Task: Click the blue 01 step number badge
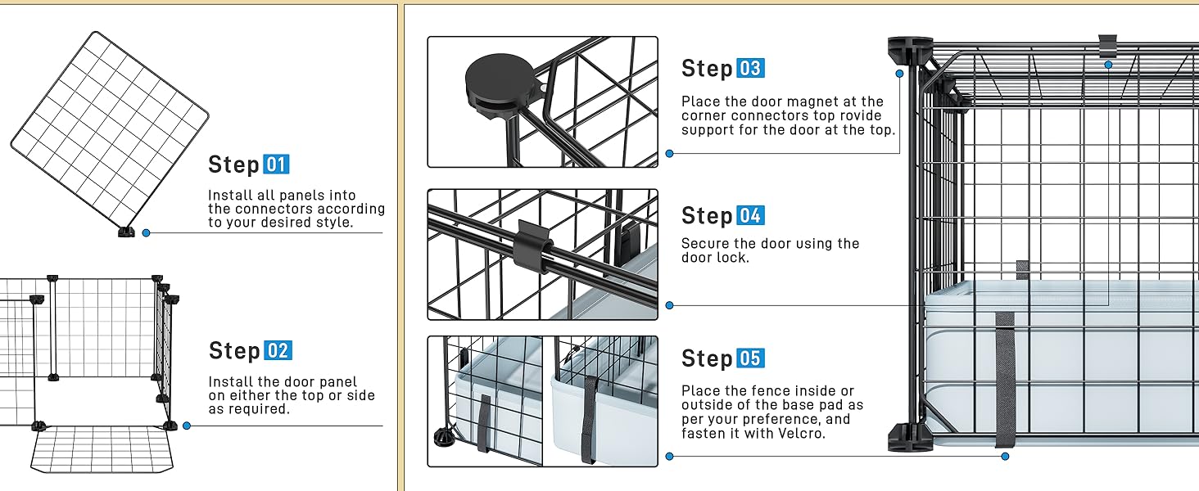[276, 164]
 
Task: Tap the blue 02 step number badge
[278, 350]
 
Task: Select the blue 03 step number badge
[750, 68]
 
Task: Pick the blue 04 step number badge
[750, 215]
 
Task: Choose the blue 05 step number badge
[750, 358]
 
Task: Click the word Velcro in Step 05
[800, 433]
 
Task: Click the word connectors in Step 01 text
[269, 209]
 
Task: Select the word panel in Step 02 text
[337, 382]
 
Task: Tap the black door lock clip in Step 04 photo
[532, 245]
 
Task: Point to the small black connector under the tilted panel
[126, 232]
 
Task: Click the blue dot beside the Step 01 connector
[146, 233]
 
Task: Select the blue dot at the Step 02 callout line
[187, 426]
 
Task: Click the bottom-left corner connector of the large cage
[911, 437]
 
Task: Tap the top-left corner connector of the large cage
[911, 51]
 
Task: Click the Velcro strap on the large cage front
[1005, 380]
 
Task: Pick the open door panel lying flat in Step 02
[102, 448]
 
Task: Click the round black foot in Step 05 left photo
[443, 438]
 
